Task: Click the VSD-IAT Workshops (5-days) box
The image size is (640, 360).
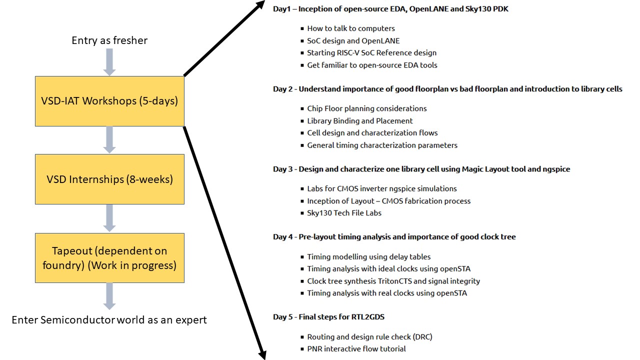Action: click(109, 101)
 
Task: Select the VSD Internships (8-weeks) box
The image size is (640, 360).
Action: click(109, 179)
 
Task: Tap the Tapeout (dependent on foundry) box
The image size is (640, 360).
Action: click(109, 257)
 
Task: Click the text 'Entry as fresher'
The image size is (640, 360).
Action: click(109, 40)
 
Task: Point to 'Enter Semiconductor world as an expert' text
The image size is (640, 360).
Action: click(109, 319)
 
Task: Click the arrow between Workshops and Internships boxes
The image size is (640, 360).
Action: click(109, 139)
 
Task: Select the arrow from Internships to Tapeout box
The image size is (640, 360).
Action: click(109, 218)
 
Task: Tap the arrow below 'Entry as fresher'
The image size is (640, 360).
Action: click(109, 61)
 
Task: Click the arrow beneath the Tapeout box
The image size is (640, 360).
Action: click(109, 296)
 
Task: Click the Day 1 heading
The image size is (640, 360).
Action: click(390, 9)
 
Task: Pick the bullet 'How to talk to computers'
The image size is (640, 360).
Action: click(350, 28)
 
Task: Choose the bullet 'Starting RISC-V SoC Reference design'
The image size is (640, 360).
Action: click(371, 52)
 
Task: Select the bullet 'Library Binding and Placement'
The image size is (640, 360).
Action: click(360, 120)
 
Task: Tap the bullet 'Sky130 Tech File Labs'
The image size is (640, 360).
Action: click(344, 213)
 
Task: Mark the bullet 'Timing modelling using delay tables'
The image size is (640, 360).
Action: click(368, 256)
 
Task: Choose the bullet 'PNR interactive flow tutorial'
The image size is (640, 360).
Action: click(356, 349)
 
